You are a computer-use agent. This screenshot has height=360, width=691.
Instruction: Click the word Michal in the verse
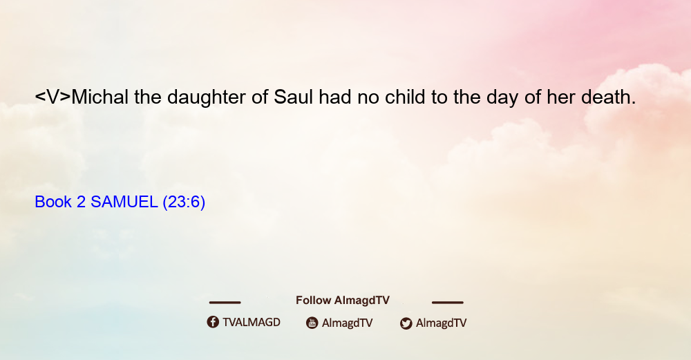pyautogui.click(x=100, y=97)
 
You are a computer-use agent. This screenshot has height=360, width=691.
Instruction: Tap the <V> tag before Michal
pyautogui.click(x=53, y=97)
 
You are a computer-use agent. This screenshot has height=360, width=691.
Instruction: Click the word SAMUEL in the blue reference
pyautogui.click(x=124, y=202)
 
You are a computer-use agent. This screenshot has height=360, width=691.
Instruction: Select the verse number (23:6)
pyautogui.click(x=184, y=202)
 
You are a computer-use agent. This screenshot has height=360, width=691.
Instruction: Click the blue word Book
pyautogui.click(x=53, y=202)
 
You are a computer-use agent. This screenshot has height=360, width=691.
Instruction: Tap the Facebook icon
pyautogui.click(x=213, y=322)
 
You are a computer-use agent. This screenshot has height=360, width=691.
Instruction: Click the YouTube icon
pyautogui.click(x=312, y=323)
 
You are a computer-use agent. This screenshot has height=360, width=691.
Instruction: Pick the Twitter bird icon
pyautogui.click(x=406, y=323)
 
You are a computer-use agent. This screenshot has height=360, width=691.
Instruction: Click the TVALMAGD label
pyautogui.click(x=252, y=323)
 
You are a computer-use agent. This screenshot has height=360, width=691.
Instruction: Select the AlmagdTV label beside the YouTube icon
pyautogui.click(x=348, y=323)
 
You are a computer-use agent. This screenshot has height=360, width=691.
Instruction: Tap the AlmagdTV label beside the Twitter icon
pyautogui.click(x=441, y=323)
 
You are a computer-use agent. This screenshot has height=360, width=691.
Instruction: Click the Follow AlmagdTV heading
pyautogui.click(x=343, y=301)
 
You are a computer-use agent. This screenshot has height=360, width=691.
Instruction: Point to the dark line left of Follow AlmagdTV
pyautogui.click(x=225, y=303)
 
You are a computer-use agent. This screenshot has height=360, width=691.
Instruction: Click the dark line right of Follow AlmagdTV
pyautogui.click(x=448, y=303)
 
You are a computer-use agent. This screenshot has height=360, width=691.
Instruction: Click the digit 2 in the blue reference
pyautogui.click(x=81, y=202)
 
